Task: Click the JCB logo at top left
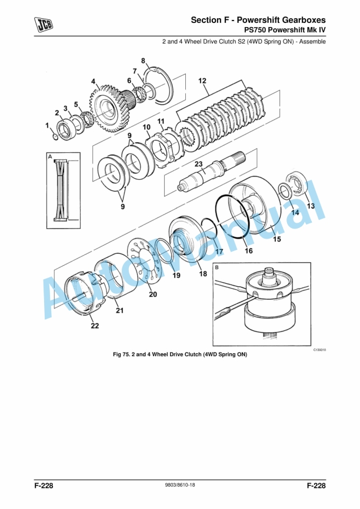tap(44, 25)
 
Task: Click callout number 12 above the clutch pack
tap(202, 81)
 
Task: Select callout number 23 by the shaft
tap(198, 164)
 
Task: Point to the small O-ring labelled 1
tap(55, 137)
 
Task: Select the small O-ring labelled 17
tap(208, 228)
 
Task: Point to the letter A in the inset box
tap(50, 157)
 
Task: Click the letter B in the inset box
tap(217, 267)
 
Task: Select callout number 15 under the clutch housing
tap(277, 239)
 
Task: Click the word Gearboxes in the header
tap(304, 20)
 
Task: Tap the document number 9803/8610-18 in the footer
tap(180, 485)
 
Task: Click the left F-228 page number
tap(44, 485)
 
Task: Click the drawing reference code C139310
tap(319, 350)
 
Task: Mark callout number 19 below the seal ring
tap(176, 275)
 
